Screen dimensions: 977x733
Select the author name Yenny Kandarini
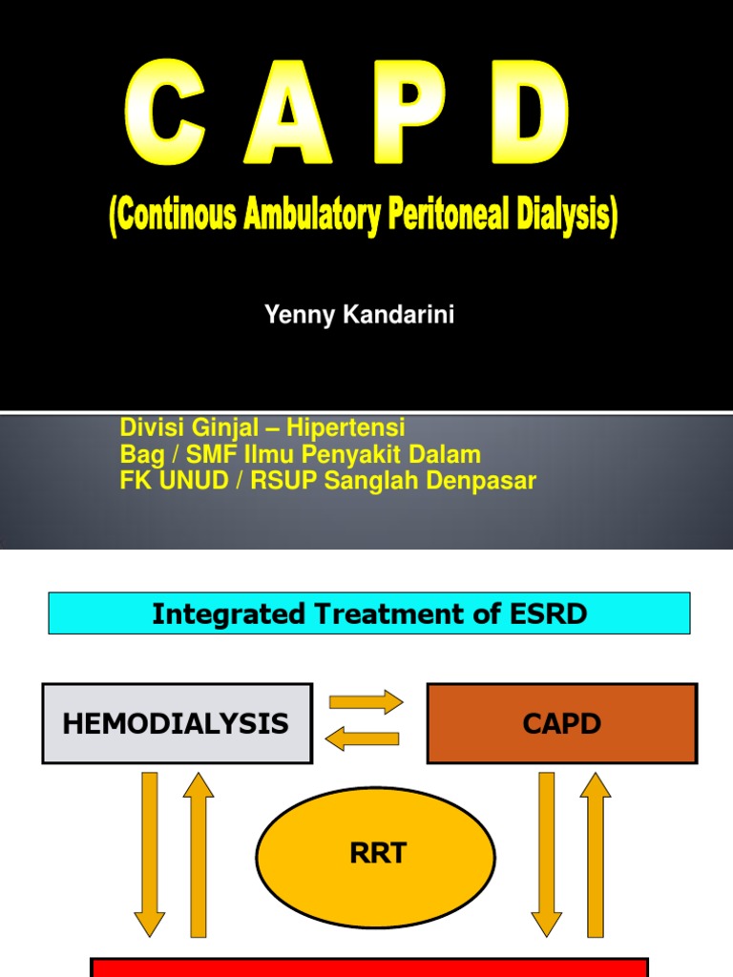click(359, 316)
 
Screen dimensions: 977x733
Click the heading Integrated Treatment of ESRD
click(369, 613)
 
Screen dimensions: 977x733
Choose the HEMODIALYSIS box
click(177, 723)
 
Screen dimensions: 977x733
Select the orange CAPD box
click(561, 723)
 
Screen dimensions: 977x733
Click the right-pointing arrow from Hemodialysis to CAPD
click(366, 703)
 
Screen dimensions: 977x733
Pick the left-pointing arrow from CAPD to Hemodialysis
click(363, 738)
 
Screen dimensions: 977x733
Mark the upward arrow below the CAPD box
click(595, 853)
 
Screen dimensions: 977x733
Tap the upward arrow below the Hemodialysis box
click(198, 853)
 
